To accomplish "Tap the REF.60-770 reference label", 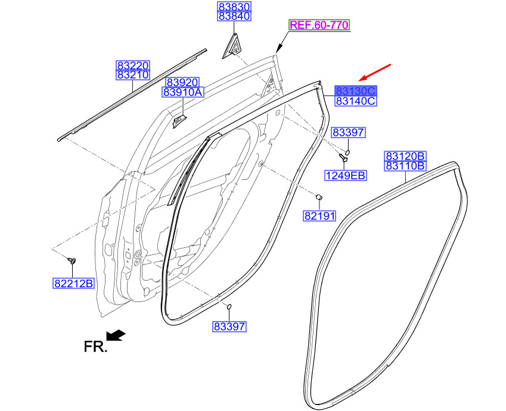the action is pos(319,25).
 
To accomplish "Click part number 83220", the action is pos(133,66).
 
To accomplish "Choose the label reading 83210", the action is pos(133,75).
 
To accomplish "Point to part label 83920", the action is pos(182,82).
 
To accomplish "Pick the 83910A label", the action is pos(182,92).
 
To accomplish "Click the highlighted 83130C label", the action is pos(356,91).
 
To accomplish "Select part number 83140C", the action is pos(356,101).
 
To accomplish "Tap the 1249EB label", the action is pos(346,176).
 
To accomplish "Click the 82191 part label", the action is pos(320,216).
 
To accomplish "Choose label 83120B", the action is pos(405,156).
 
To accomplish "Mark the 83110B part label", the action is pos(405,166).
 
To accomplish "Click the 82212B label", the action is pos(73,284).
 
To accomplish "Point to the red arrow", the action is pos(375,72).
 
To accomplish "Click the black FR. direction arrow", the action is pos(116,335).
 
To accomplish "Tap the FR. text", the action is pos(95,347).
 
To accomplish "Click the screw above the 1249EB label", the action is pos(343,157).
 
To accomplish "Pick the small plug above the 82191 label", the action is pos(319,197).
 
